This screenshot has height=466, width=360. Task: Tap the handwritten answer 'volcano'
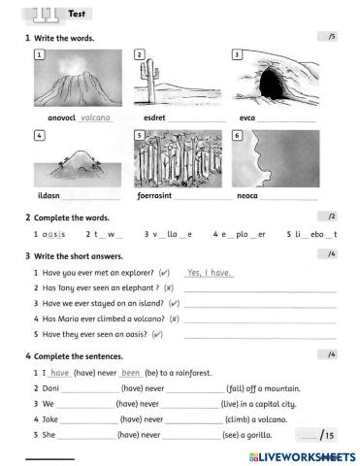[96, 117]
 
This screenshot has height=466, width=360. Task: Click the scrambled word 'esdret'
[154, 118]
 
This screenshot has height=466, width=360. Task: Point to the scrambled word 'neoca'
[248, 196]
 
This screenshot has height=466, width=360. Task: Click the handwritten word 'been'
[132, 373]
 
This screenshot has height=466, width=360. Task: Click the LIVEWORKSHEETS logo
[302, 454]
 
